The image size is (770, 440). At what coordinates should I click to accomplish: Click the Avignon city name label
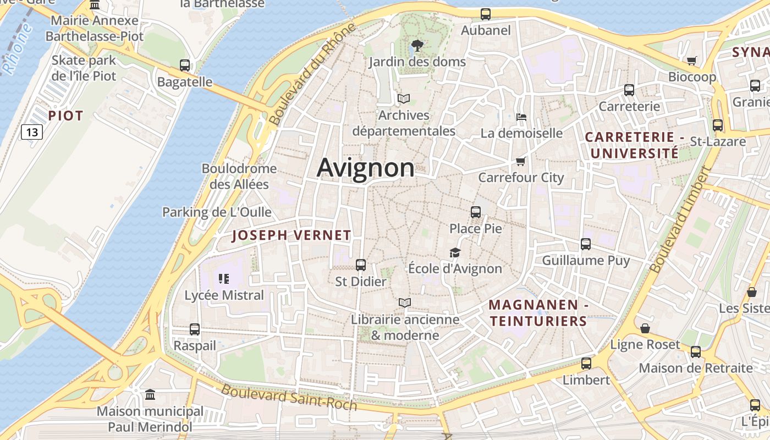366,168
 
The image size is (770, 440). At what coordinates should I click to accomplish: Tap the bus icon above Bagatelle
185,65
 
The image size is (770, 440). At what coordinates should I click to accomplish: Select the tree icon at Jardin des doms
417,45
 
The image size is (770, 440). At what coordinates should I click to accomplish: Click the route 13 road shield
32,132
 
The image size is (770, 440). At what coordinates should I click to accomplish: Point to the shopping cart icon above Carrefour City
520,161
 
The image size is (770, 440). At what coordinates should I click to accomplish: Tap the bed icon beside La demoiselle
521,117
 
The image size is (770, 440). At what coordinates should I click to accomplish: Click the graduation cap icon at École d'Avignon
455,252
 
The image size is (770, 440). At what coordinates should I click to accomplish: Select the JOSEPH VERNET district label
291,235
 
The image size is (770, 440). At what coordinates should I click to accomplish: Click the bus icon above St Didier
361,265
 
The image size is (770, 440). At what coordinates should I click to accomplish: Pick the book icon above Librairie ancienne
405,302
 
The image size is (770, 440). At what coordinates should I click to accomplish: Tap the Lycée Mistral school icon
223,279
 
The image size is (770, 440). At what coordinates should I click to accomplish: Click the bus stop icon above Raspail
195,329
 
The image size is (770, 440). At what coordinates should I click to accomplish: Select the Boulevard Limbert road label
680,220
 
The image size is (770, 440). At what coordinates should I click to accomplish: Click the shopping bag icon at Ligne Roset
645,328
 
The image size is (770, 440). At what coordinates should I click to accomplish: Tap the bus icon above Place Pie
476,212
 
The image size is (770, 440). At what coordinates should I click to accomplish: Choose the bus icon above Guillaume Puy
586,244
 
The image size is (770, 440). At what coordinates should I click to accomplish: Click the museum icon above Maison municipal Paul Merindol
150,395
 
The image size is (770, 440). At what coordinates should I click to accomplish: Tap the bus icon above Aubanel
486,14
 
